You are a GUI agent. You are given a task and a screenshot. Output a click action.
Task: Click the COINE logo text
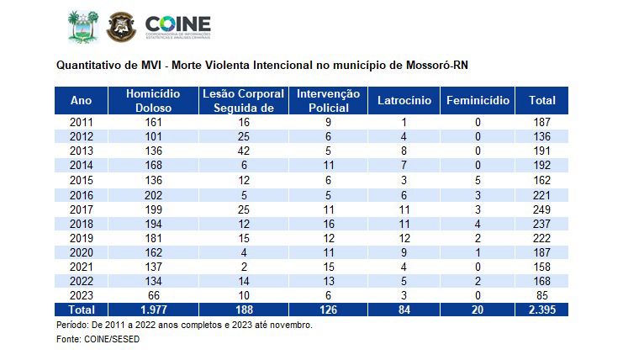(178, 24)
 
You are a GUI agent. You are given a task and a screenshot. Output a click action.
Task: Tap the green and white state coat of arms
(82, 27)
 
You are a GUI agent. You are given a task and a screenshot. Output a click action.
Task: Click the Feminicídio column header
(478, 100)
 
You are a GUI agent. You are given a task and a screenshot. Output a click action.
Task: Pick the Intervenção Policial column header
(328, 100)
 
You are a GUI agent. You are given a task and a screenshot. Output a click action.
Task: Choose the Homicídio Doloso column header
(153, 100)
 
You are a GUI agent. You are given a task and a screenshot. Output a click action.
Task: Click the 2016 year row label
(81, 194)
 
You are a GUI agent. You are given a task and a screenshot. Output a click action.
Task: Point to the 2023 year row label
(81, 295)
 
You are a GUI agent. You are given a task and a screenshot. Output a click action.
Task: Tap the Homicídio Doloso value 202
(153, 194)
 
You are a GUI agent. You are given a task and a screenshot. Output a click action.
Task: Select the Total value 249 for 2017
(541, 209)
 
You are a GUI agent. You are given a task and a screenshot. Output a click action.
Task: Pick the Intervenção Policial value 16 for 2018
(328, 223)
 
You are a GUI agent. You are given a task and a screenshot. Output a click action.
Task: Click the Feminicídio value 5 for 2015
(478, 180)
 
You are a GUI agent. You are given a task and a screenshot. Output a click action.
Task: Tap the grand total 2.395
(541, 310)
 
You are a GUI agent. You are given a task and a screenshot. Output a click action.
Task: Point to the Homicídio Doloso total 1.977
(153, 310)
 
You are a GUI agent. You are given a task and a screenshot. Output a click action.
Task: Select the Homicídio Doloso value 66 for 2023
(153, 295)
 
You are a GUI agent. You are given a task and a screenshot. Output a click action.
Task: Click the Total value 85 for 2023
(541, 295)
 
